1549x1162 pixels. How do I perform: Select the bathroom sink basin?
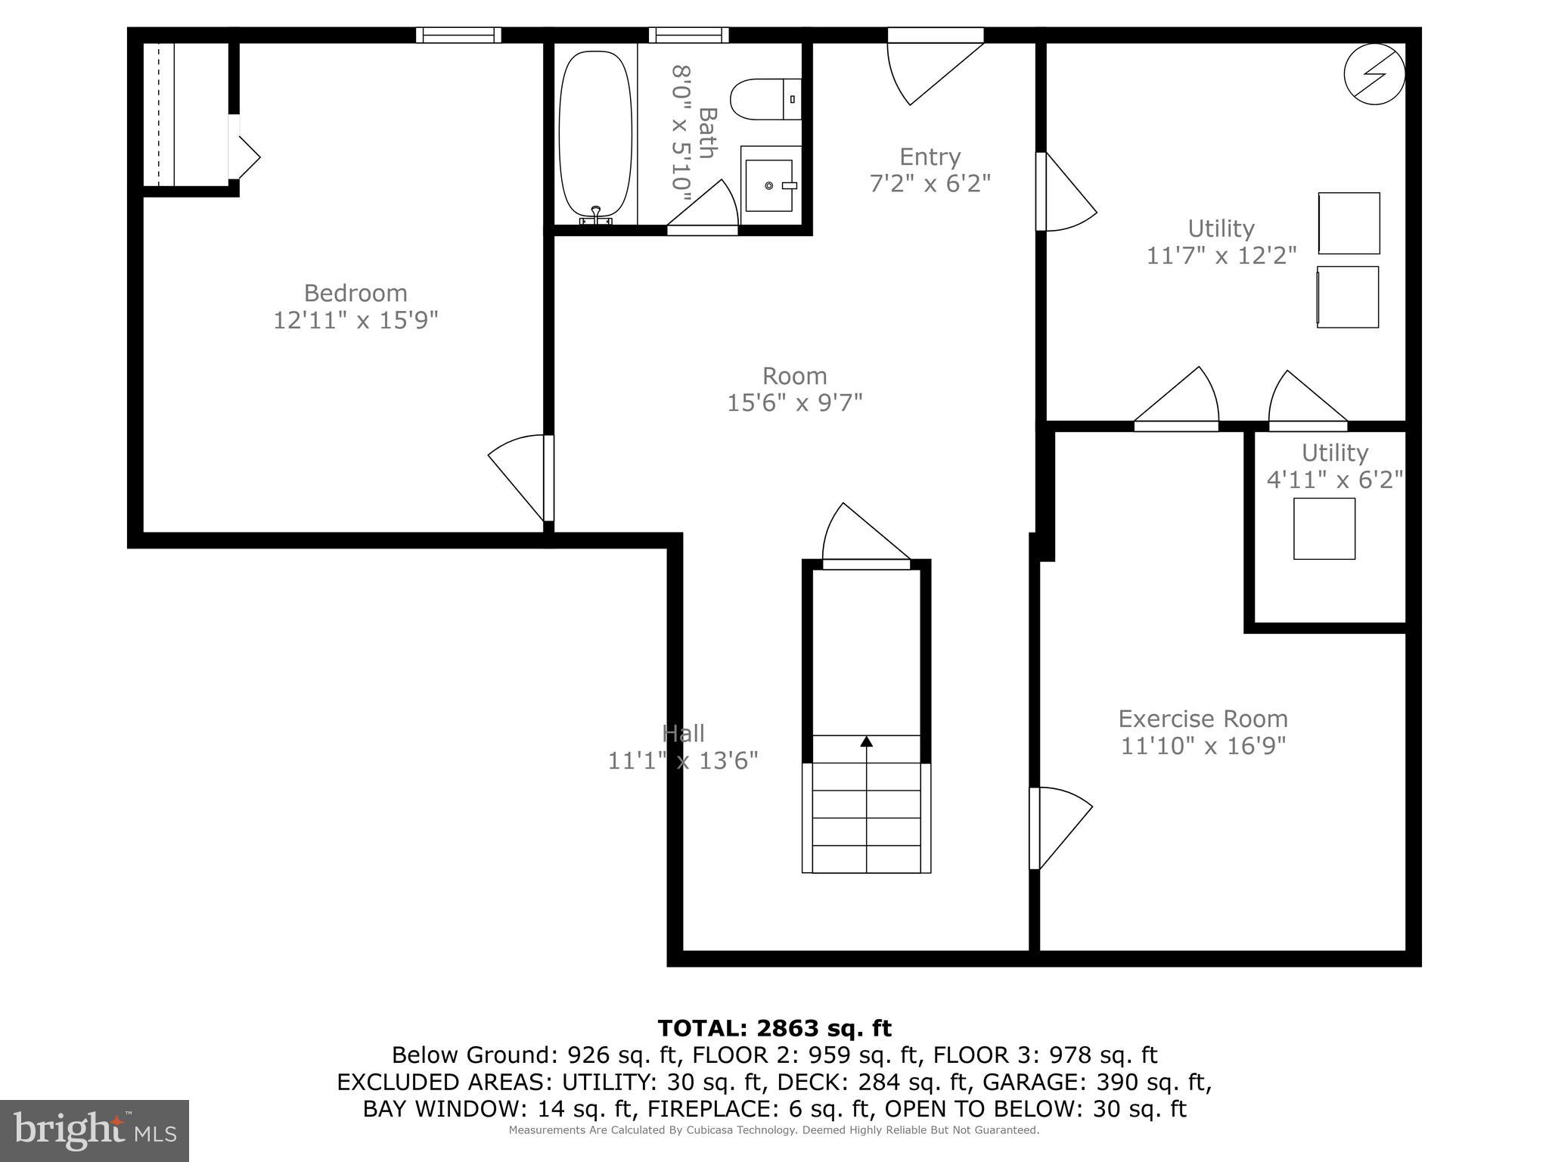[x=769, y=185]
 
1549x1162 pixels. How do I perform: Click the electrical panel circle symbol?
[x=1374, y=74]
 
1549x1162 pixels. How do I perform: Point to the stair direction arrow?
[x=867, y=742]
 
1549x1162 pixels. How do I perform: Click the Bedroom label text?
[x=355, y=293]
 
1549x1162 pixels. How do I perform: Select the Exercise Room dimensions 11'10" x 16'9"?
[x=1203, y=746]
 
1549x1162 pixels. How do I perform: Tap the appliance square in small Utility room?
[x=1324, y=529]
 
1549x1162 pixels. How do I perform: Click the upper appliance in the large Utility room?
[x=1349, y=223]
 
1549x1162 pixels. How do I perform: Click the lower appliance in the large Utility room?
[x=1348, y=297]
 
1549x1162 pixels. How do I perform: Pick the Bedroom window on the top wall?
[x=458, y=35]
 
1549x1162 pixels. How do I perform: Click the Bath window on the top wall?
[x=688, y=35]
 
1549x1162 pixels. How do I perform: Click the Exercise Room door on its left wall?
[x=1059, y=828]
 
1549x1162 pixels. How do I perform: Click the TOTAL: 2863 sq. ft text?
[x=774, y=1028]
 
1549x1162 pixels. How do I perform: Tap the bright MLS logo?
[x=94, y=1130]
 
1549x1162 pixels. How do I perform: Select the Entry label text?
[x=930, y=157]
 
